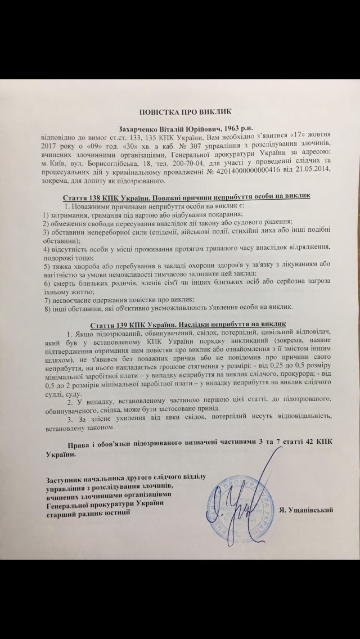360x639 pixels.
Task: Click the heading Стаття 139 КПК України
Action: [x=121, y=324]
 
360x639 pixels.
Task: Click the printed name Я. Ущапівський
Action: [x=309, y=510]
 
